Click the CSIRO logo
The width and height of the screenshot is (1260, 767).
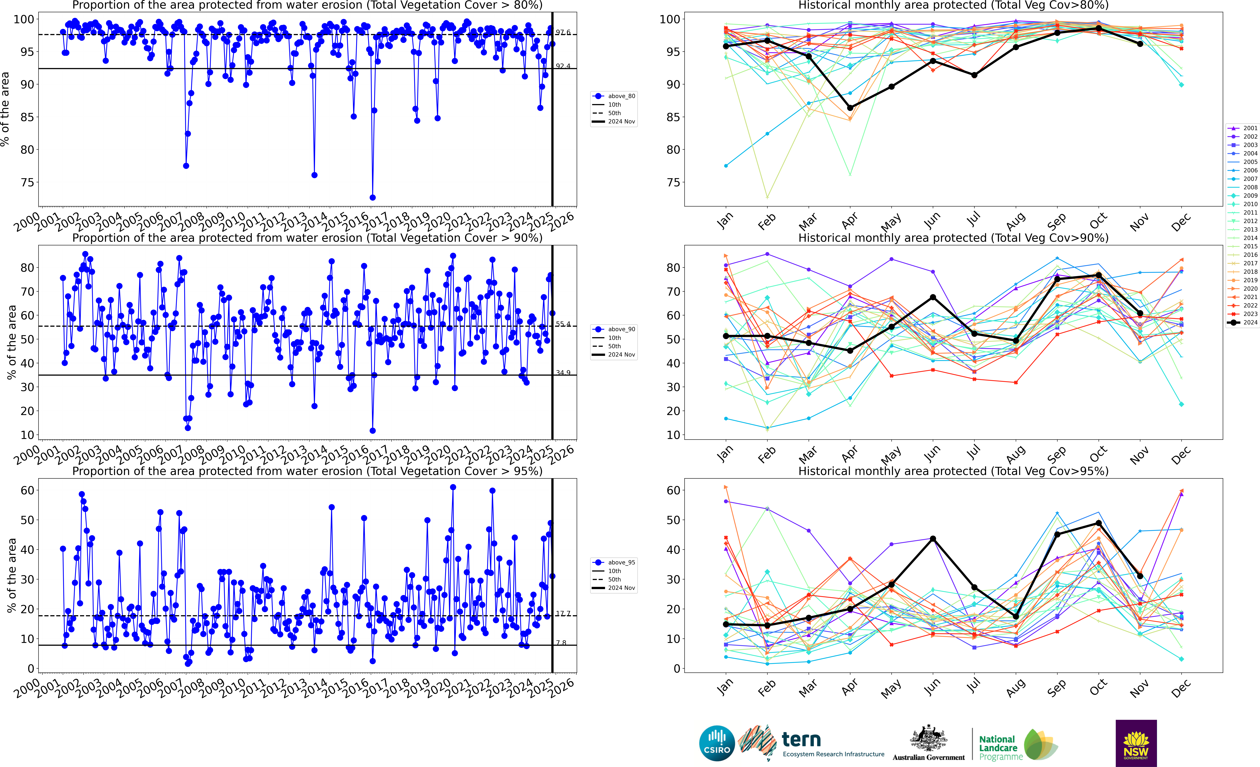717,743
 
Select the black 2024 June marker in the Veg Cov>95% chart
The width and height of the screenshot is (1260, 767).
933,539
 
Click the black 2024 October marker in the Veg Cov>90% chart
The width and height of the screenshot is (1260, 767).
1098,275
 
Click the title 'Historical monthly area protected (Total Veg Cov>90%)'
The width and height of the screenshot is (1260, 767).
953,238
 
